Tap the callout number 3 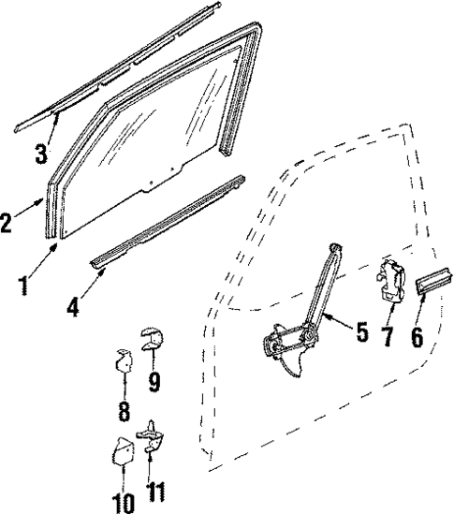pos(42,154)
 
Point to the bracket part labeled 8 pos(122,360)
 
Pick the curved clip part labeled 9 pos(150,335)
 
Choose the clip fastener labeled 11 pos(149,437)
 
